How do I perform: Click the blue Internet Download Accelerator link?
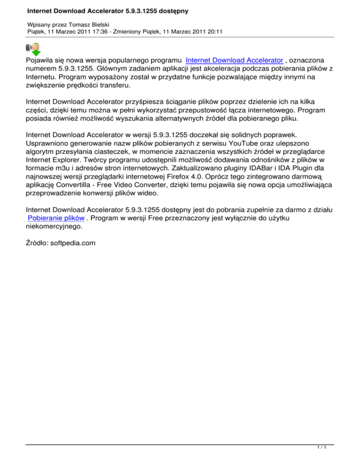[234, 60]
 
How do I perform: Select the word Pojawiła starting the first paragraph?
[44, 60]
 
